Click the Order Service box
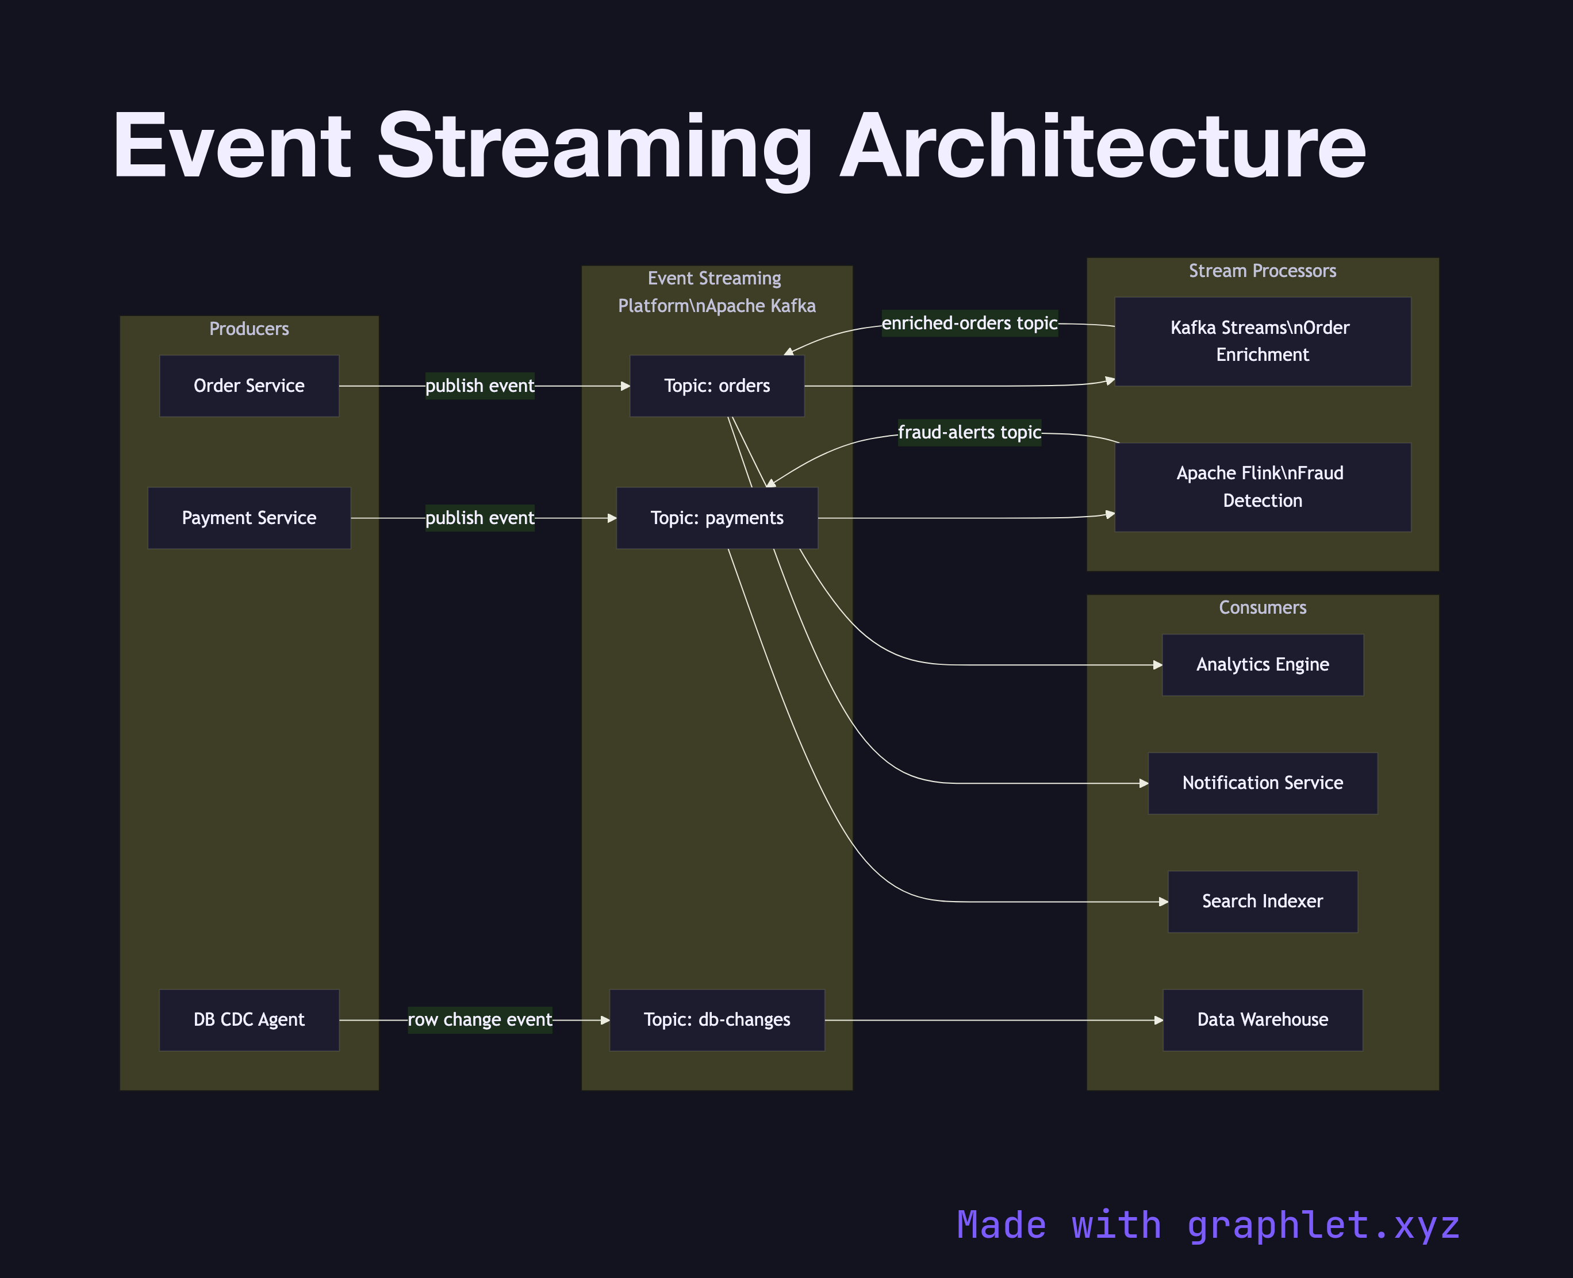pos(249,386)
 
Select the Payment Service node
pos(249,518)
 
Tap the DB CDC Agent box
pos(249,1019)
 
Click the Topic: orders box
pos(716,386)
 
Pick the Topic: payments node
pos(716,518)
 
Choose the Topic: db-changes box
pos(716,1019)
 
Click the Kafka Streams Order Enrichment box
pos(1262,341)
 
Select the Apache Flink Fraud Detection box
pos(1262,487)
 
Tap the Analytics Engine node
pos(1262,664)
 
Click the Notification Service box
pos(1262,783)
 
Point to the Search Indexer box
pos(1262,901)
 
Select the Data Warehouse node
pos(1262,1019)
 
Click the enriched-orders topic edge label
pos(969,323)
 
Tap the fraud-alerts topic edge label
pos(969,432)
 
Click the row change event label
pos(479,1019)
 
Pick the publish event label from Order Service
pos(479,386)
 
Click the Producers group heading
pos(249,328)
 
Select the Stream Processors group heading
pos(1262,271)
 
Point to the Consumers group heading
pos(1262,607)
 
